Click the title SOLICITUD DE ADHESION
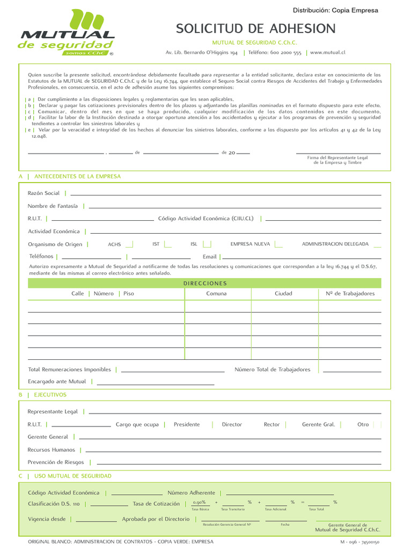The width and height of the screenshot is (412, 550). coord(256,28)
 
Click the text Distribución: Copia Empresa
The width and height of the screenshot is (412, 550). coord(335,10)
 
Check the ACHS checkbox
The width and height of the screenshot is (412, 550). coord(129,244)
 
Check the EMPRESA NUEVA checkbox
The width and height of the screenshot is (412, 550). coord(278,244)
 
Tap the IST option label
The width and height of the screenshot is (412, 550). coord(156,244)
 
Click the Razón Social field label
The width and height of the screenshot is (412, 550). coord(43,193)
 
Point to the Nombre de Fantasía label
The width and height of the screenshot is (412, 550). coord(53,206)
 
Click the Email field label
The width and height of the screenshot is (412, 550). coord(210,257)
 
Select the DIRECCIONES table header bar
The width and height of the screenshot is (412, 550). coord(204,283)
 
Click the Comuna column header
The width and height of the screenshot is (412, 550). coord(216,294)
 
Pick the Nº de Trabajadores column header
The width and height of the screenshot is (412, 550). coord(350,294)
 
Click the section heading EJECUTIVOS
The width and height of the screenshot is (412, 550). coord(50,394)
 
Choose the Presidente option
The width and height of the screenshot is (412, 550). coord(187,424)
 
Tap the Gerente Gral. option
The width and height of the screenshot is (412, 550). coord(318,424)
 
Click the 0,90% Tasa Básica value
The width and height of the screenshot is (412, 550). coord(199,502)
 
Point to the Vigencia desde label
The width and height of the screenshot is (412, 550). coord(47,519)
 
